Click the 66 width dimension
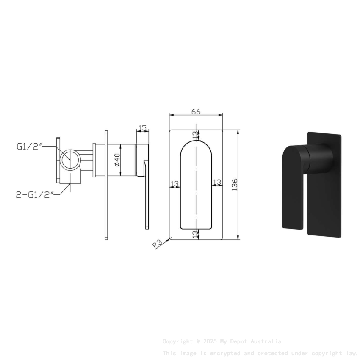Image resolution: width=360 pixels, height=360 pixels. tap(196, 112)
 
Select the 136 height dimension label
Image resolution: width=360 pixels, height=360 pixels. tap(235, 185)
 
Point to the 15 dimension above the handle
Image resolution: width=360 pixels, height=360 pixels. tap(142, 127)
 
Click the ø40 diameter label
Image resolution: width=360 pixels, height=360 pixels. tap(117, 160)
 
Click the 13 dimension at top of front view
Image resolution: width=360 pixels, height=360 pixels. tap(195, 135)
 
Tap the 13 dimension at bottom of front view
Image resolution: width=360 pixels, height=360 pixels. tap(195, 234)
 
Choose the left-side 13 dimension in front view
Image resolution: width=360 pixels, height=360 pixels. tap(174, 183)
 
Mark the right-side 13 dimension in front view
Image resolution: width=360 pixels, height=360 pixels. tap(217, 182)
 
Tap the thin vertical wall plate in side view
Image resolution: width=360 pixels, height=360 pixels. tap(105, 186)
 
